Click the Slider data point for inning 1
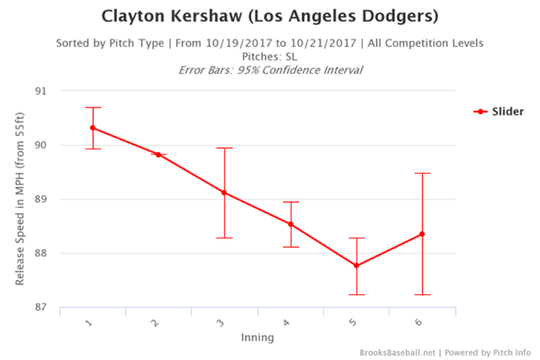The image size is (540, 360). [93, 128]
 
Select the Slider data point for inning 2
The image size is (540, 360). [158, 155]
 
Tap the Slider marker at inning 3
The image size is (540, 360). [224, 193]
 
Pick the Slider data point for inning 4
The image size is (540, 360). [291, 224]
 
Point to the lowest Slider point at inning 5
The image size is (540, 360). [356, 265]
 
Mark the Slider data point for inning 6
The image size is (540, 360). [422, 234]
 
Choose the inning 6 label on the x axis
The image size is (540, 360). [420, 321]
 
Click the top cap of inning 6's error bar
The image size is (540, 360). [422, 173]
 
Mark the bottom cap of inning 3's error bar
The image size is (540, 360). [224, 238]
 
